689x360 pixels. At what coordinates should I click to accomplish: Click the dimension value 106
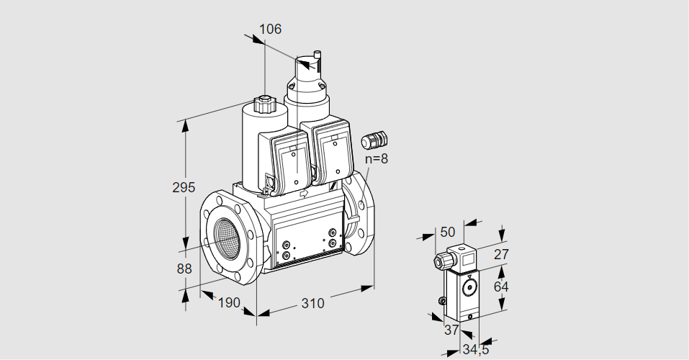tap(270, 30)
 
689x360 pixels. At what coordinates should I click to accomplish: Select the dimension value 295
tap(184, 188)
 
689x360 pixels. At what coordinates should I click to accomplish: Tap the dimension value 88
tap(184, 269)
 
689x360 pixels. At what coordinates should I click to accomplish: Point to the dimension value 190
tap(228, 302)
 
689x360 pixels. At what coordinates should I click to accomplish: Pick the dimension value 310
tap(312, 303)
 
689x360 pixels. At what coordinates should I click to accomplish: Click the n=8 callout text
tap(376, 159)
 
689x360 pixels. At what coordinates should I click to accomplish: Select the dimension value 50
tap(448, 232)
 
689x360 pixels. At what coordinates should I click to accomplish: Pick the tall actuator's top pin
tap(317, 56)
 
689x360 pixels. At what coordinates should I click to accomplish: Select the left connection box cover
tap(292, 163)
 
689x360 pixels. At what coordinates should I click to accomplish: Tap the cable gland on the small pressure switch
tap(438, 261)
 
